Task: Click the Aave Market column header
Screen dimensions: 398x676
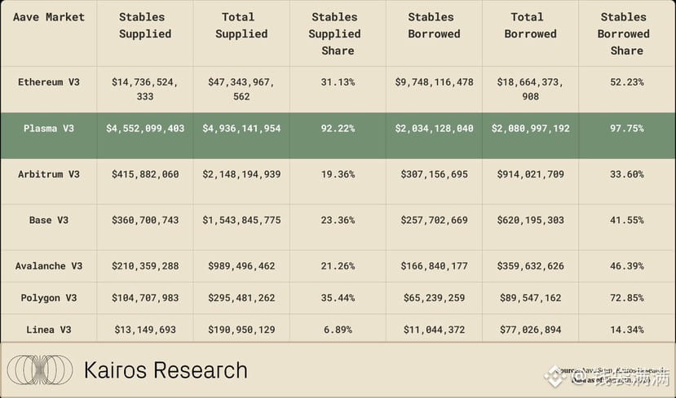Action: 49,17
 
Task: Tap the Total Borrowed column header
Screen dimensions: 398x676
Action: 530,25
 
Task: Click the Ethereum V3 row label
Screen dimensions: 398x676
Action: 49,82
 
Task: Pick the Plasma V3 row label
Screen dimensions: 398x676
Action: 49,129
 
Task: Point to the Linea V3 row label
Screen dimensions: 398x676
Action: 49,330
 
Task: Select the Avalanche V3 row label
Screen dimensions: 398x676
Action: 49,266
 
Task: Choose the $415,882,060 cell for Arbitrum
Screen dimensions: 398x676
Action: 145,174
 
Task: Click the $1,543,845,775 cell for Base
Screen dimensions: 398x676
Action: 241,221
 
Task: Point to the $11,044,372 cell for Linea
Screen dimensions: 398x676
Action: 434,330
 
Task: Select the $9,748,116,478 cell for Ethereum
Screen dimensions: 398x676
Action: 434,82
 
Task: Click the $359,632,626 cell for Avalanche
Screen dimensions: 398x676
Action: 530,266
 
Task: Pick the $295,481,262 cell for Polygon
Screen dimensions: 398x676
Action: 241,298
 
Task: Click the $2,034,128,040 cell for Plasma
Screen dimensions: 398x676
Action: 434,129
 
